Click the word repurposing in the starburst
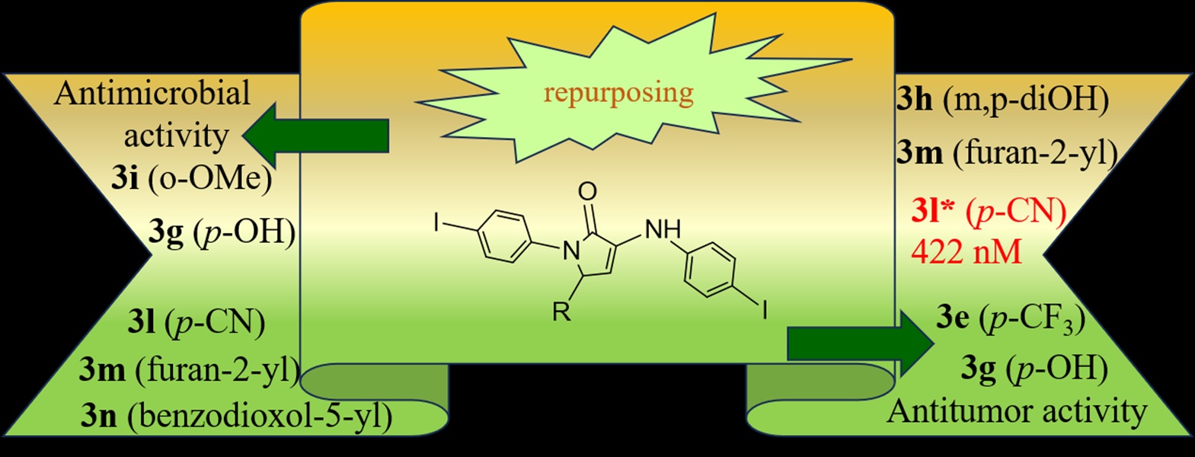(x=618, y=93)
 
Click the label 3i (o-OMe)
(x=191, y=181)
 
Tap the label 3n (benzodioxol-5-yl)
(x=237, y=416)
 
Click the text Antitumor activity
(x=1017, y=411)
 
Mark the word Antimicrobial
(x=152, y=94)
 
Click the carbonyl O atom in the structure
(x=587, y=191)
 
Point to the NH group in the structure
(x=663, y=228)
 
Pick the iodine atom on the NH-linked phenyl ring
(x=763, y=311)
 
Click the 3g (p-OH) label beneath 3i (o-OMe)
(x=222, y=233)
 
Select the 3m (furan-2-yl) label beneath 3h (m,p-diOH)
(x=1006, y=153)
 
